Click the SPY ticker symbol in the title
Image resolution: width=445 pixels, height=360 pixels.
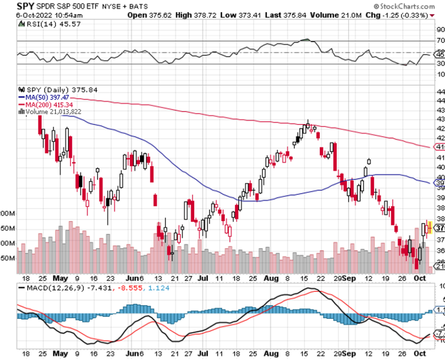click(x=12, y=6)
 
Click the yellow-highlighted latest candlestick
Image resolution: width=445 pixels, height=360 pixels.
click(x=429, y=227)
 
